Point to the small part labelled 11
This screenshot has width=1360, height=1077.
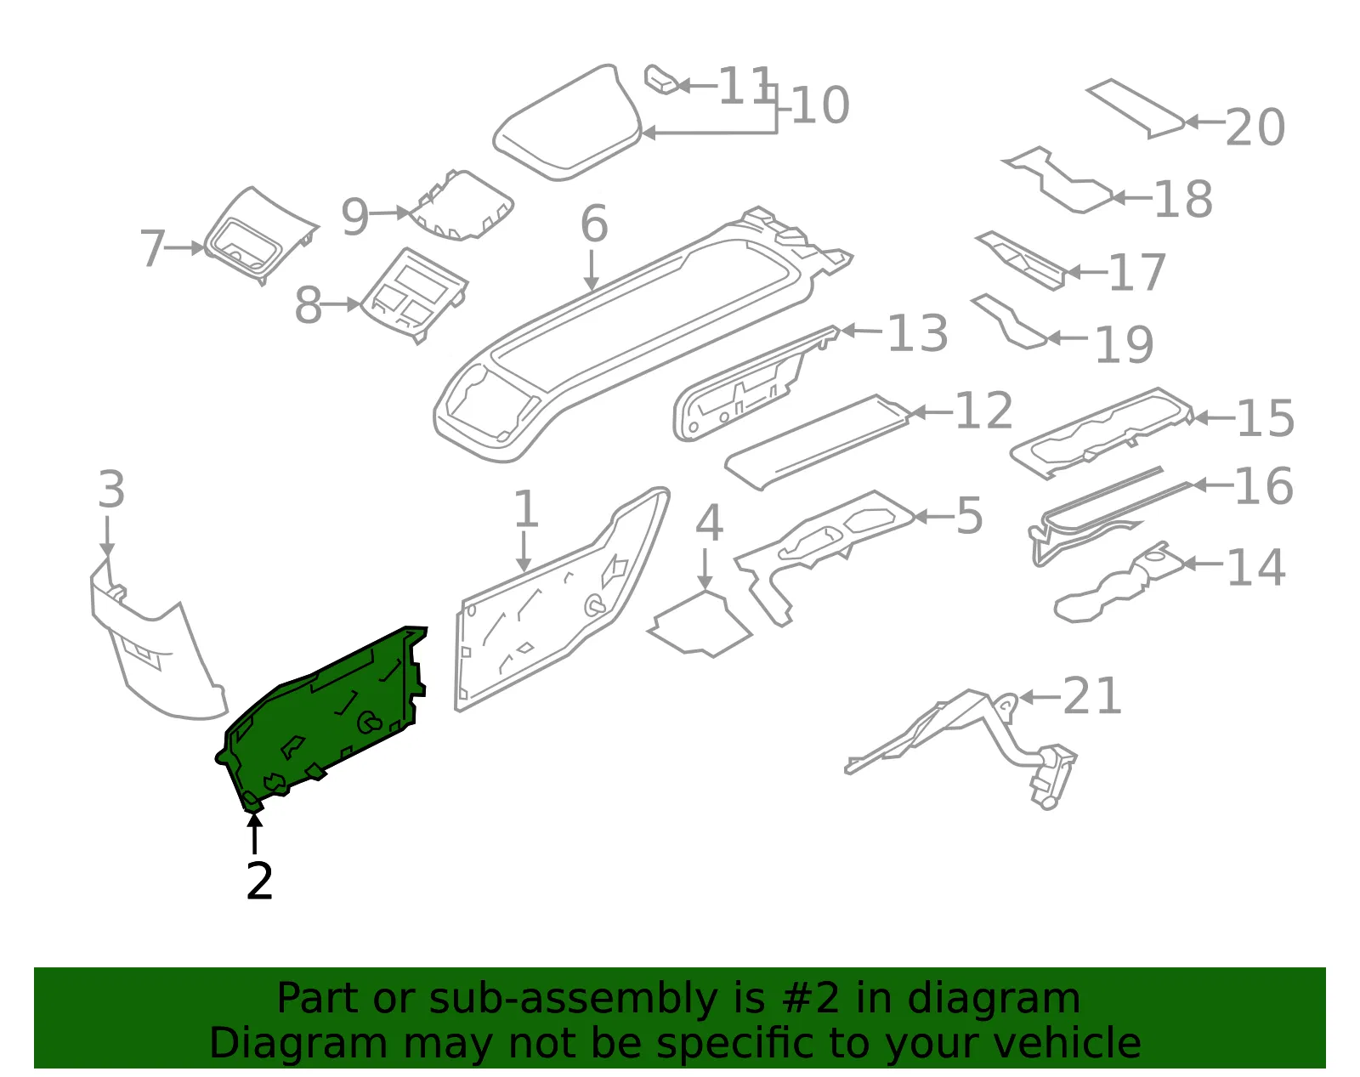[x=661, y=80]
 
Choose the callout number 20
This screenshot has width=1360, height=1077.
[x=1255, y=127]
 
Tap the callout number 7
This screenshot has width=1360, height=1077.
[x=153, y=247]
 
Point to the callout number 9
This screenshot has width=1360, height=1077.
[x=354, y=217]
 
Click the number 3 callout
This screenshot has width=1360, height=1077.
[x=112, y=489]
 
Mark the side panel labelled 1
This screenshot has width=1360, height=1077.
[x=563, y=600]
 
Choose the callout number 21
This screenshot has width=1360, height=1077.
[x=1092, y=696]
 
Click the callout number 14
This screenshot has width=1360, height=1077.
[x=1255, y=567]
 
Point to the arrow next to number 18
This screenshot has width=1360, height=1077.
[x=1131, y=198]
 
